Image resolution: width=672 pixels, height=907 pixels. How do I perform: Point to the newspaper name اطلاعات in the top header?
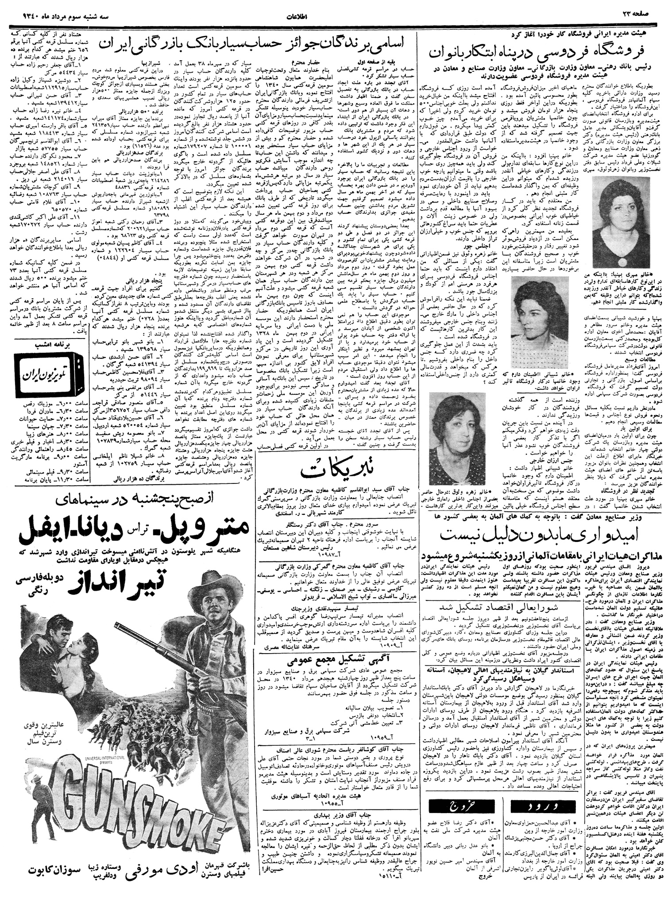(x=336, y=17)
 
